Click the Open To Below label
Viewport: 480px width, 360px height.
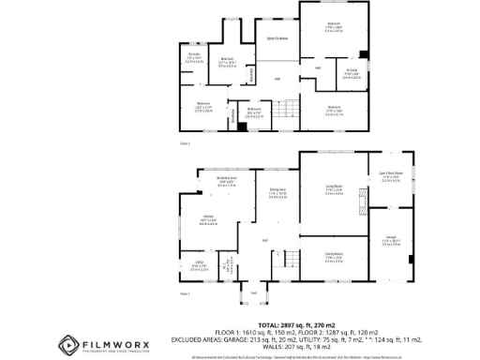277,38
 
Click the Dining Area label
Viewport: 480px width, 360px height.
277,194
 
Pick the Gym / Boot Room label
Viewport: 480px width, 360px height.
391,175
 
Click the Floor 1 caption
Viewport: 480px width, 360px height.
185,294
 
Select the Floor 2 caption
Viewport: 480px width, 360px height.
185,143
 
